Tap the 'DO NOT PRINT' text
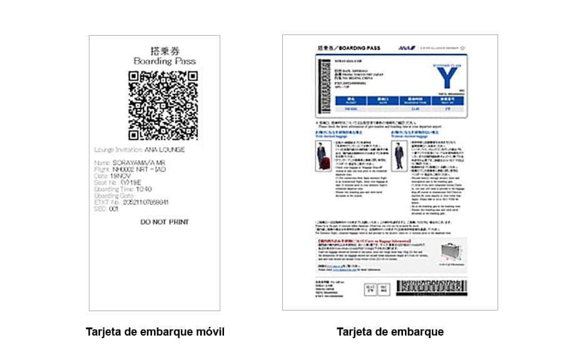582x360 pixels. [x=165, y=222]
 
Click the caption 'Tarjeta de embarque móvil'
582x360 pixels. [x=155, y=332]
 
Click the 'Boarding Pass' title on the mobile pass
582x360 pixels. [x=165, y=61]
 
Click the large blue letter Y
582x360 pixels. [x=444, y=78]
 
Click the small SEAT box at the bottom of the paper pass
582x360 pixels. [x=370, y=289]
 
